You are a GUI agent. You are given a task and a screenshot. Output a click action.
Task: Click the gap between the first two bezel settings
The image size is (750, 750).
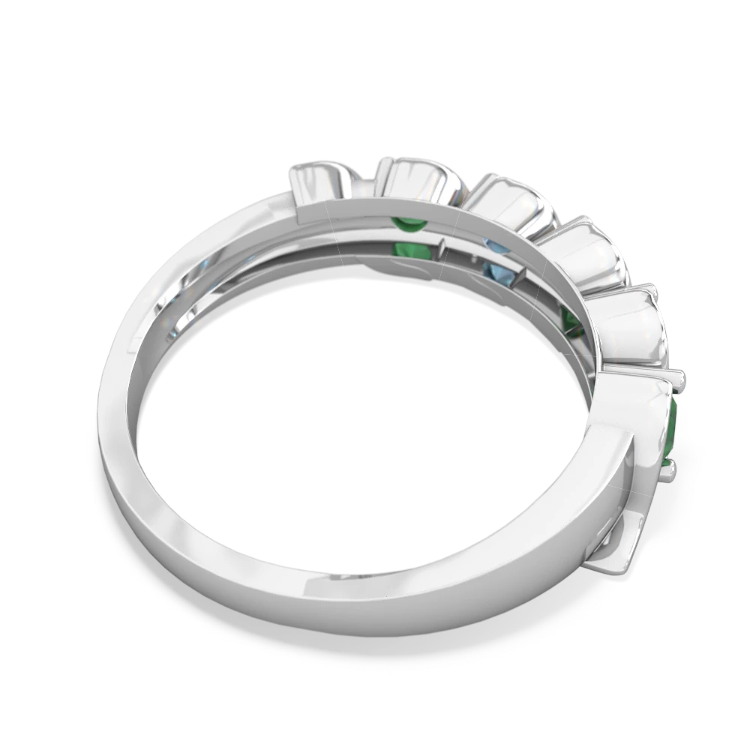click(365, 178)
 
